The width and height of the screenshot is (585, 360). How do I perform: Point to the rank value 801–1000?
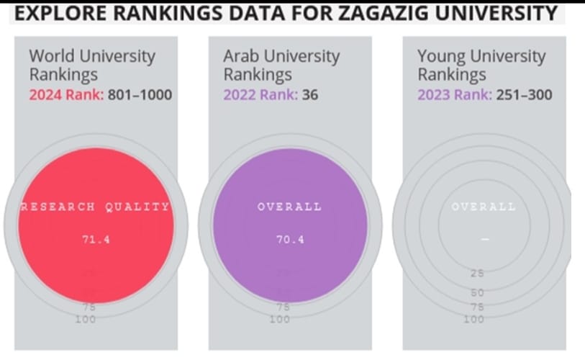(140, 94)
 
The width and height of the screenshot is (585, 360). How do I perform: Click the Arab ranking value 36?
(310, 94)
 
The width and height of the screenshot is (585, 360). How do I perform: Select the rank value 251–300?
(523, 94)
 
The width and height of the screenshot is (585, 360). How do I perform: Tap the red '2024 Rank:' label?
(67, 94)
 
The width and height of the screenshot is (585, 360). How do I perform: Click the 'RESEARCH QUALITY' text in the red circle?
(96, 207)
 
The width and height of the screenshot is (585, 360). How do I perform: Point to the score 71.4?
(96, 240)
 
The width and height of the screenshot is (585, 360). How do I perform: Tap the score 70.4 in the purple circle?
(290, 240)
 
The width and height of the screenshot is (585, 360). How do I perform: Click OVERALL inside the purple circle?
(290, 207)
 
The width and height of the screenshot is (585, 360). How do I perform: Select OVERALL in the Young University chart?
(484, 207)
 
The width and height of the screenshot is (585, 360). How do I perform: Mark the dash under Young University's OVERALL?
(484, 240)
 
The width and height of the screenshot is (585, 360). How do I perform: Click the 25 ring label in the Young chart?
(477, 274)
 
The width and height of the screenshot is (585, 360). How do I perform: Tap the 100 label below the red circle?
(86, 319)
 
